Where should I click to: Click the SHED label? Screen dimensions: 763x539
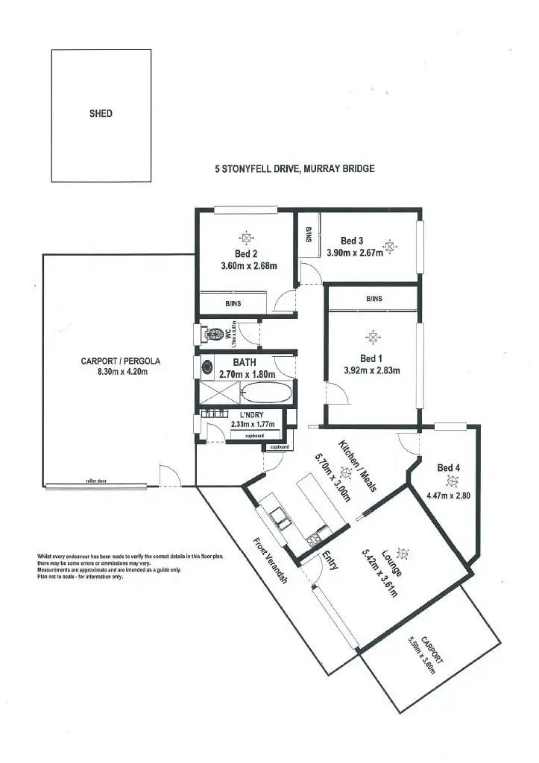pyautogui.click(x=101, y=114)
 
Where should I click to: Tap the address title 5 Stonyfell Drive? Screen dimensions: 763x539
pyautogui.click(x=294, y=169)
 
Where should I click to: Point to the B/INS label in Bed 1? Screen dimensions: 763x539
pyautogui.click(x=373, y=299)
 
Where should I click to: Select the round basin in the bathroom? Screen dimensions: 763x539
pyautogui.click(x=207, y=367)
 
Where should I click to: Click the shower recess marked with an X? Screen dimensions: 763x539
pyautogui.click(x=220, y=391)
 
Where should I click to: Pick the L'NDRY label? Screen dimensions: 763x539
pyautogui.click(x=249, y=416)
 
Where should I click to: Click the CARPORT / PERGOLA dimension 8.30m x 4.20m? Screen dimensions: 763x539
pyautogui.click(x=121, y=371)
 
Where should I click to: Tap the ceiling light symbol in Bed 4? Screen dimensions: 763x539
pyautogui.click(x=450, y=481)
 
